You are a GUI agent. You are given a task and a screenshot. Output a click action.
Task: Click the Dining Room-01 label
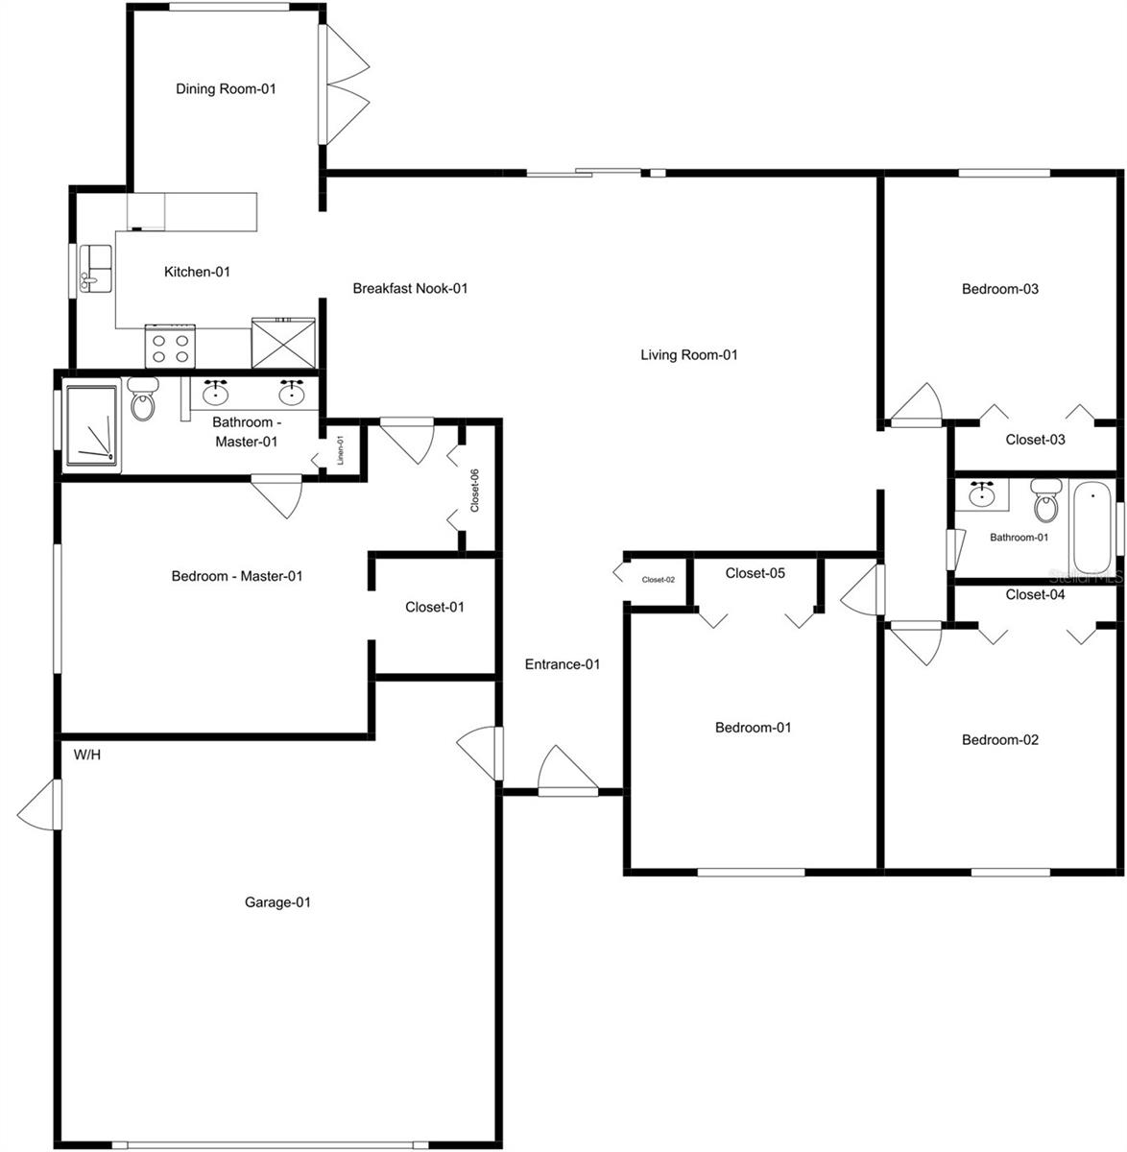[226, 89]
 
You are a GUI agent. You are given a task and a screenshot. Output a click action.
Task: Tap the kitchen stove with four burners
[170, 346]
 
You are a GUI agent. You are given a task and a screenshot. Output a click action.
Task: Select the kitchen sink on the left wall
[95, 269]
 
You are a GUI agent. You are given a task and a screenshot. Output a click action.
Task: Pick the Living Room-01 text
[688, 355]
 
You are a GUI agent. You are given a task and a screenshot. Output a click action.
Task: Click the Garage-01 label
[277, 902]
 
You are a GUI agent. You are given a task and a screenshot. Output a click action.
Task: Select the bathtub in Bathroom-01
[1092, 528]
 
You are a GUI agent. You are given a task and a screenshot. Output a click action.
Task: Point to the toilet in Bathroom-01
[1044, 499]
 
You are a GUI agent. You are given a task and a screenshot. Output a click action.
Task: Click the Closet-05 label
[755, 574]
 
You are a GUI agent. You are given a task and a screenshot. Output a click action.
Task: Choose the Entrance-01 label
[563, 664]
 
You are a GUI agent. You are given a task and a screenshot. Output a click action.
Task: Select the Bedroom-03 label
[1000, 289]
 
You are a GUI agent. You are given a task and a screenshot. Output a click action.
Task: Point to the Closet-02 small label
[659, 580]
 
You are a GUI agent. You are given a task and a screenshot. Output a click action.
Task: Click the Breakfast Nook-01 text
[410, 288]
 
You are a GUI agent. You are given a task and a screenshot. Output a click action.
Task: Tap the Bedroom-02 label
[1000, 740]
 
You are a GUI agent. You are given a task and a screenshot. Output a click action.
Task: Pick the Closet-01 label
[435, 607]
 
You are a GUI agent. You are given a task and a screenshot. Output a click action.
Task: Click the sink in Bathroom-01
[981, 495]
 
